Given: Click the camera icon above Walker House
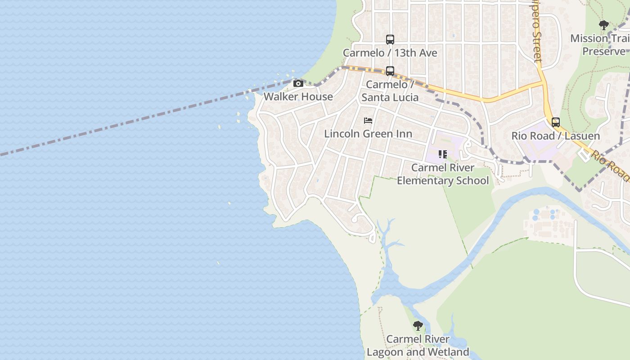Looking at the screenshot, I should (x=298, y=83).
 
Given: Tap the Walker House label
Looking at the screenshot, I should (x=298, y=96).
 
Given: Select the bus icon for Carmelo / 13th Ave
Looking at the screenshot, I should (x=390, y=40).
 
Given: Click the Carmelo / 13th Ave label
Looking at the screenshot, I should (x=390, y=53).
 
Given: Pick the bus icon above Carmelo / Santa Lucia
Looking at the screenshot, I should (x=390, y=71).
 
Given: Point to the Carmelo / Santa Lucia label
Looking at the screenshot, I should (x=390, y=91).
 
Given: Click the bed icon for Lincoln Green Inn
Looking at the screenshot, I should (x=368, y=121).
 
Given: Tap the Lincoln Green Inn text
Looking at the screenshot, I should (x=368, y=134).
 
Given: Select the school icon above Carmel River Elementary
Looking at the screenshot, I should (x=443, y=154).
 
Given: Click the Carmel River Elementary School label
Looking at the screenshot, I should (x=443, y=174).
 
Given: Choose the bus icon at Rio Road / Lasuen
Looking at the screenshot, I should (x=556, y=122).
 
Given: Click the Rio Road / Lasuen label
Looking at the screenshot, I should (x=556, y=135).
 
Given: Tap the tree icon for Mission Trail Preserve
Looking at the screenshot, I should (x=604, y=25).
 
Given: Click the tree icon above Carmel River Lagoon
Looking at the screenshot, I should (x=418, y=325).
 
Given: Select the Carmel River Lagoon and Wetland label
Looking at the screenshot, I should (x=418, y=346).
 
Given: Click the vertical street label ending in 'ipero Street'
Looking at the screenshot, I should (x=536, y=31).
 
